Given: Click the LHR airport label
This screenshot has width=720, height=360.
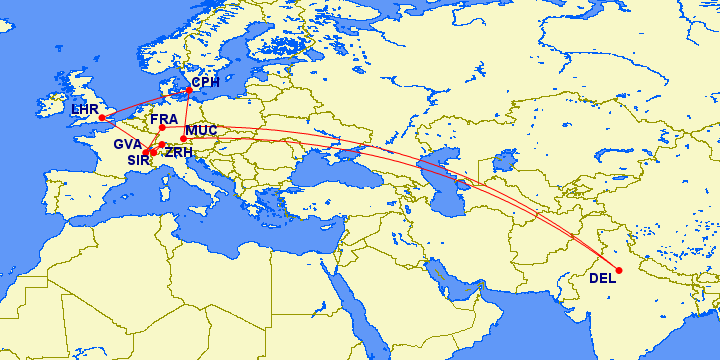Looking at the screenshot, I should [83, 108].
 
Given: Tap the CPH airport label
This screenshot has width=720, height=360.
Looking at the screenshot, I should [205, 82].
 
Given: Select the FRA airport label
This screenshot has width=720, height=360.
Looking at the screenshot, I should [164, 119].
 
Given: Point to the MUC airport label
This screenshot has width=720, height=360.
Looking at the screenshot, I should [201, 130].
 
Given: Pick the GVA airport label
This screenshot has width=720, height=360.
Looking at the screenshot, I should [127, 144].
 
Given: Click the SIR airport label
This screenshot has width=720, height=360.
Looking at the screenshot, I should [137, 158].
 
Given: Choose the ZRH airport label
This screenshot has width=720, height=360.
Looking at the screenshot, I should [178, 153].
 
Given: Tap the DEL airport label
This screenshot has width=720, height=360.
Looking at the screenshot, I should [603, 278].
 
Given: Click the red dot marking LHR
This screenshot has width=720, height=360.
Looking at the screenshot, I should [102, 118].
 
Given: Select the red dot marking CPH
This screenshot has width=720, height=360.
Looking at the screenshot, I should [189, 90].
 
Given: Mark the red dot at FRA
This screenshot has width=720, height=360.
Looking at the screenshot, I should [162, 127].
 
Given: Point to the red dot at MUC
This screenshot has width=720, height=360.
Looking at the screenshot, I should [183, 139].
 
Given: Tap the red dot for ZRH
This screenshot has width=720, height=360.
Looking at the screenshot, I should [162, 145].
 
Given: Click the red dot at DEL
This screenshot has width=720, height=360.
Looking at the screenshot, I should [619, 270].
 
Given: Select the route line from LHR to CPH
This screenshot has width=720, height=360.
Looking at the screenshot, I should [145, 102].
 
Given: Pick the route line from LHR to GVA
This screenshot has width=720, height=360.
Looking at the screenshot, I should [123, 135].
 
